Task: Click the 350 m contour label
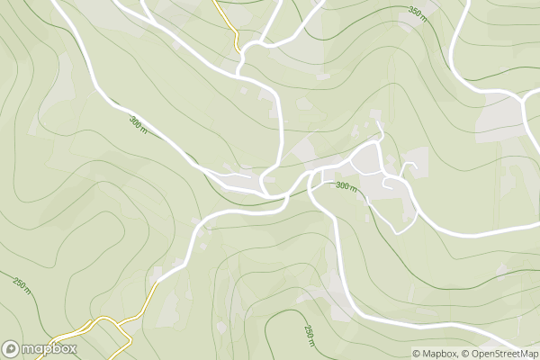(x=415, y=12)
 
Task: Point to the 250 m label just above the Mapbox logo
(x=21, y=287)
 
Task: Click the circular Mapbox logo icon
(x=12, y=348)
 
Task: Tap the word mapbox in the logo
(x=50, y=348)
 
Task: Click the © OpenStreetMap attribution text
(x=498, y=353)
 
